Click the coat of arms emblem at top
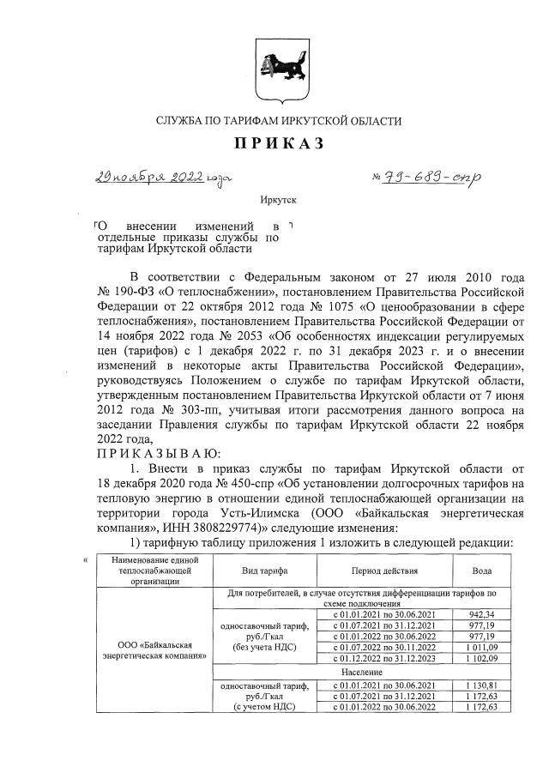(x=275, y=64)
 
